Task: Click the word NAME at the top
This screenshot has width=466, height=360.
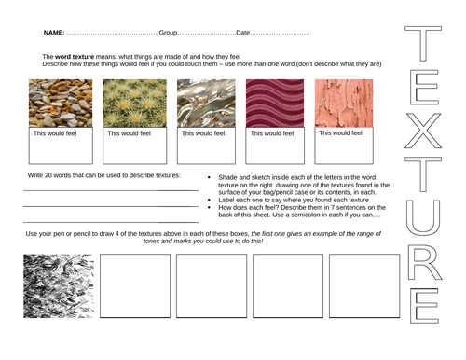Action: (53, 34)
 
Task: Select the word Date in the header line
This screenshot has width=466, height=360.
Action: (244, 34)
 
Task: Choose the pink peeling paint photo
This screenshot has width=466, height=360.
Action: (344, 103)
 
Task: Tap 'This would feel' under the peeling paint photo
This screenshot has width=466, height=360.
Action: (341, 132)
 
